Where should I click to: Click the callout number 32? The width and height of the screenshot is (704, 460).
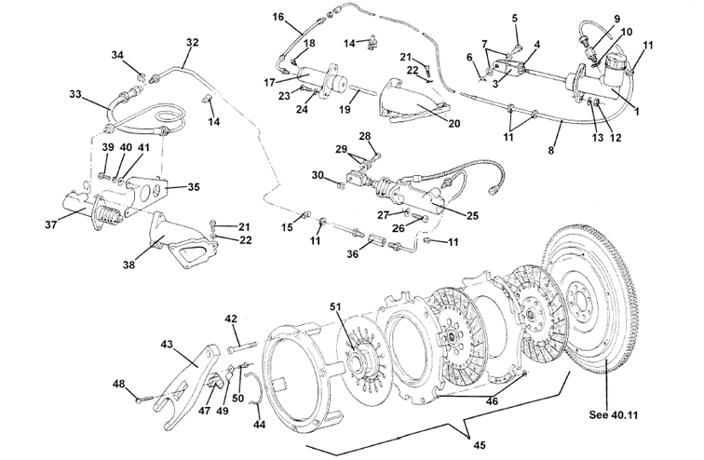(193, 42)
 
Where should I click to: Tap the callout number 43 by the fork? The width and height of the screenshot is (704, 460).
(169, 345)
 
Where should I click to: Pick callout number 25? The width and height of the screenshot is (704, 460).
(473, 216)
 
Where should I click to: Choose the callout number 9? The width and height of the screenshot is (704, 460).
(616, 19)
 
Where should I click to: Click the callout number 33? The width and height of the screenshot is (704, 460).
(76, 93)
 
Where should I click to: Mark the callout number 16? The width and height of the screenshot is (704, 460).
(278, 18)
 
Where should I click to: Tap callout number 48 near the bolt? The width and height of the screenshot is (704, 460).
(119, 384)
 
